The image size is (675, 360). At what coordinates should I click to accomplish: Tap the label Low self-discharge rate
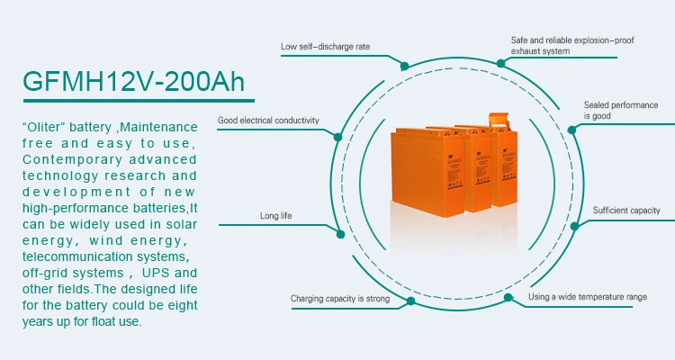coord(325,47)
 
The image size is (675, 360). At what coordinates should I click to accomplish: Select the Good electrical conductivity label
coord(267,120)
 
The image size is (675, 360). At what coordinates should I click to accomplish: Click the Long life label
coord(276,216)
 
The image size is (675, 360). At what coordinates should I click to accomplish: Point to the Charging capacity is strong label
coord(339,298)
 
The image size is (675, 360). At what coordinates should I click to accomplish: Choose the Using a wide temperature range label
coord(588,296)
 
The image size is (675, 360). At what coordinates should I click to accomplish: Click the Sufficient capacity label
coord(626,211)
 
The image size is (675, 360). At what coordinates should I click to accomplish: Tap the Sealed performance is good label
coord(620,111)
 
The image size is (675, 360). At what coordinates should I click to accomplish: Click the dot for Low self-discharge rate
coord(405,67)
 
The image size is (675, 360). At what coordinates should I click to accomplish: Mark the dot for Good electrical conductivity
coord(338,137)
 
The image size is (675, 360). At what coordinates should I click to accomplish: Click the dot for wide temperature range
coord(508,296)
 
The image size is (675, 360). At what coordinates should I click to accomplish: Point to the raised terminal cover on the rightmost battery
coord(498,118)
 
